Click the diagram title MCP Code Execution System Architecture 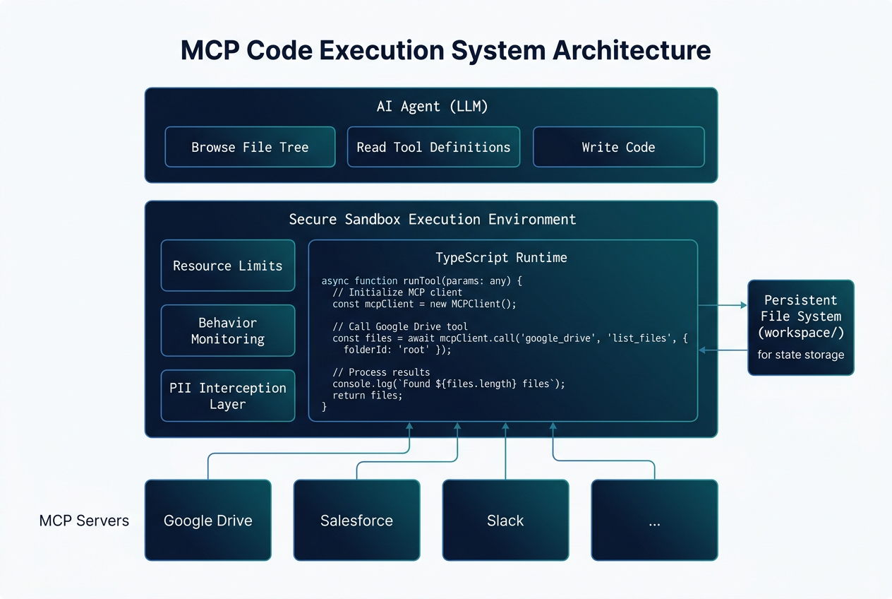[x=445, y=51]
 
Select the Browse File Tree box [x=250, y=147]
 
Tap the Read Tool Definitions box [x=433, y=147]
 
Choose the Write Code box [x=618, y=147]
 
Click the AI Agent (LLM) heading [x=432, y=107]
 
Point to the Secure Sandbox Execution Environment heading [x=432, y=219]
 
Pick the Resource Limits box [x=227, y=266]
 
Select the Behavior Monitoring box [x=227, y=331]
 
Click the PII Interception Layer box [x=227, y=396]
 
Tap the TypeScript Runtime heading [x=501, y=257]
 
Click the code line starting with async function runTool [x=421, y=280]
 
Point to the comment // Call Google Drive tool [x=399, y=326]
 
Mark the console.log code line [x=449, y=384]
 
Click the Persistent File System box [x=800, y=316]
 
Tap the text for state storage [x=800, y=355]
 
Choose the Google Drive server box [x=207, y=521]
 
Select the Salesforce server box [x=356, y=521]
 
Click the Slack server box [x=505, y=521]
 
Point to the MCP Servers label [x=84, y=521]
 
